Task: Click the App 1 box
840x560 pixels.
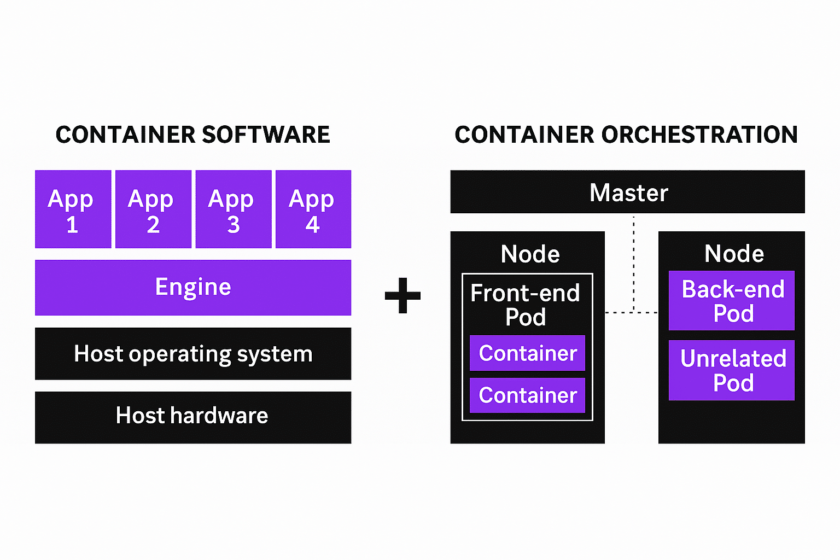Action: point(73,209)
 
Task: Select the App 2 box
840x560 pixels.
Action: point(153,209)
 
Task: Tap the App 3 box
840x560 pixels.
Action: point(234,209)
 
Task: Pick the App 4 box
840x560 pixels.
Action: point(313,209)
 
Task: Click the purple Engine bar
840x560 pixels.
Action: point(193,288)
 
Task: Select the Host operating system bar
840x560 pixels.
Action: point(193,354)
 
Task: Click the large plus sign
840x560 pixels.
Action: point(402,296)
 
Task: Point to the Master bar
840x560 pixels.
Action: point(627,192)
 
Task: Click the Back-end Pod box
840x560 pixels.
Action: point(732,301)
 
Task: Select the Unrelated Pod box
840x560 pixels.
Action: point(732,370)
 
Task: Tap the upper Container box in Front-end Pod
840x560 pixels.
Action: point(527,353)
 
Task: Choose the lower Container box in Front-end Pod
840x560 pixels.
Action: point(527,395)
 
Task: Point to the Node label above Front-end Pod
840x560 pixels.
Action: point(530,254)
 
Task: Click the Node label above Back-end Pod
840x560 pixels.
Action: point(734,254)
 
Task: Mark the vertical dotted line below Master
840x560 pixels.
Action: point(634,262)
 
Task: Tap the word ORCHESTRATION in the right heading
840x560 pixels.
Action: point(699,135)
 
